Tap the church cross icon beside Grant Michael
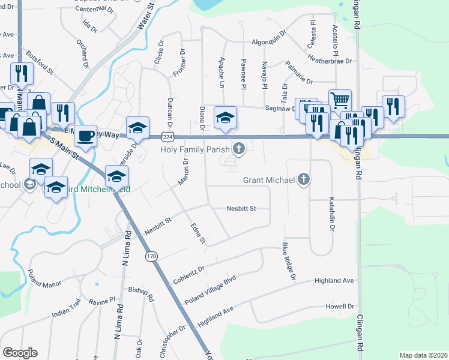coord(304,179)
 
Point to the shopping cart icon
coord(339,100)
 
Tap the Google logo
coord(20,353)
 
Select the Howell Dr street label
coord(339,305)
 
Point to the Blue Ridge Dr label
coord(289,261)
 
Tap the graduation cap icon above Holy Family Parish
coord(226,116)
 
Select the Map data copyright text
coord(423,355)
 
